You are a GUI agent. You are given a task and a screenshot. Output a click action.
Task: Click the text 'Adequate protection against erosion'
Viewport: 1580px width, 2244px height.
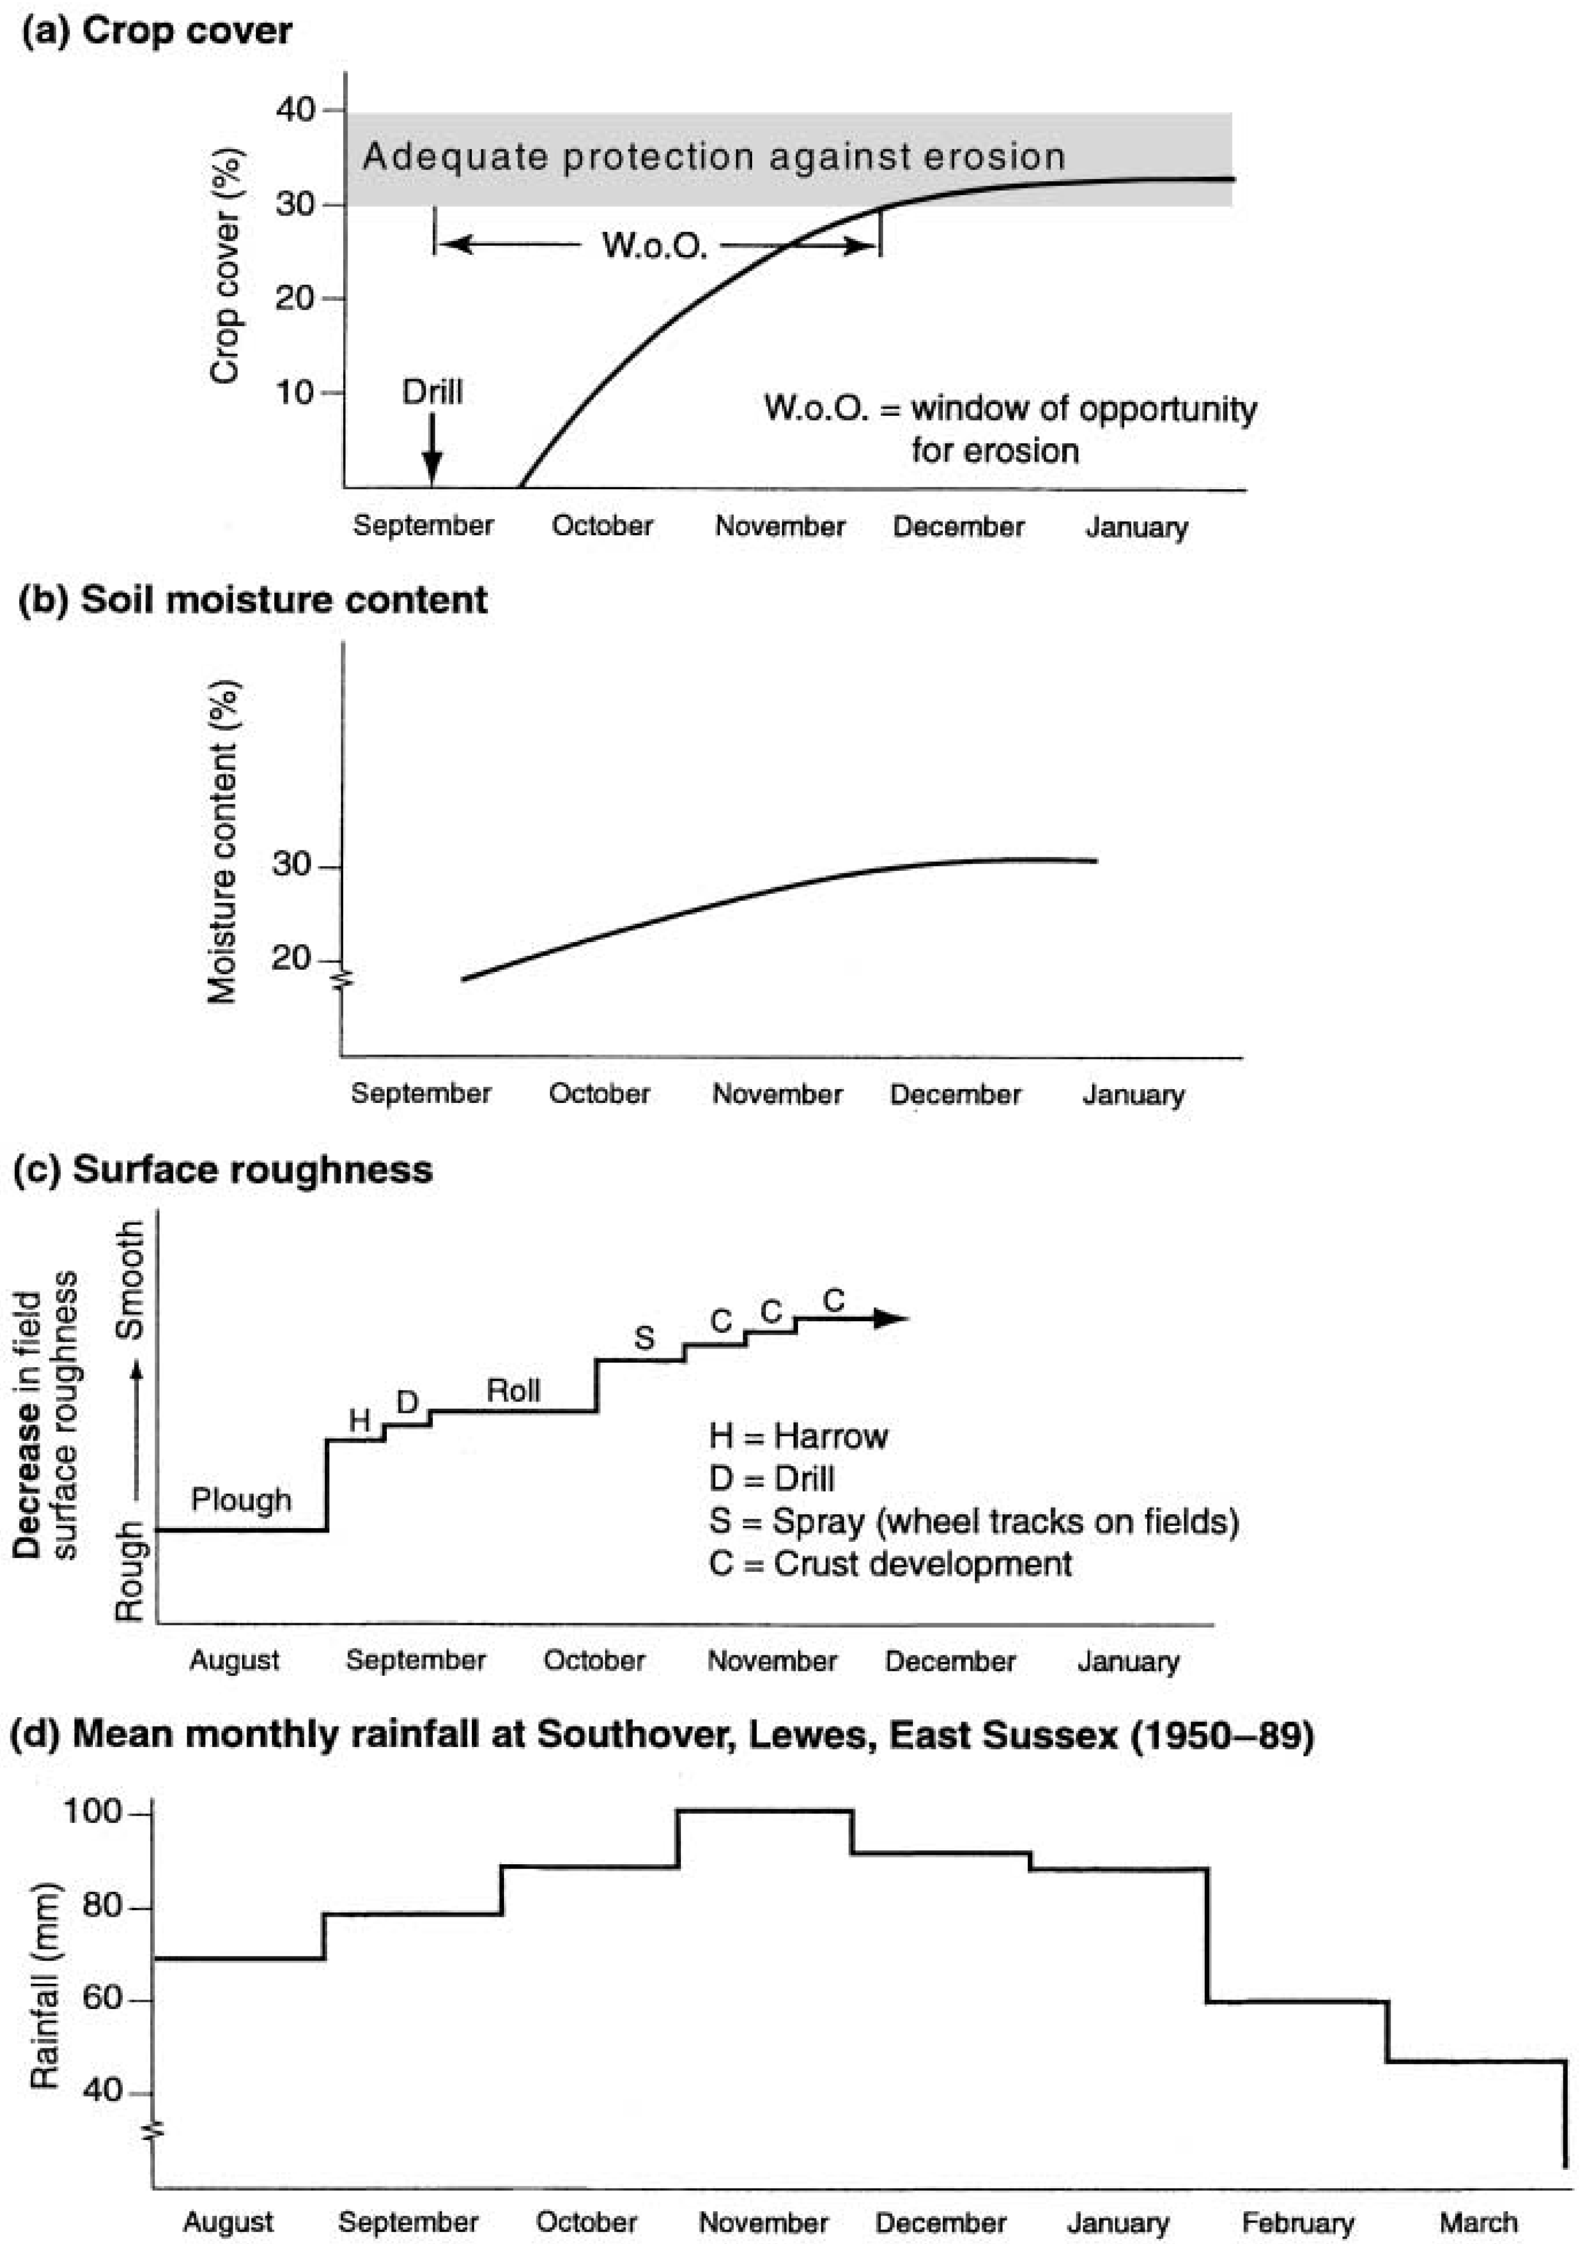point(713,156)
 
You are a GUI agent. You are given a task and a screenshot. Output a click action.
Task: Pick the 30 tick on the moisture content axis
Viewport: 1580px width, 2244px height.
point(292,865)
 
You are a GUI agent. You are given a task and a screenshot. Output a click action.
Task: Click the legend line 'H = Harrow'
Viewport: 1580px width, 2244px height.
point(799,1436)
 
